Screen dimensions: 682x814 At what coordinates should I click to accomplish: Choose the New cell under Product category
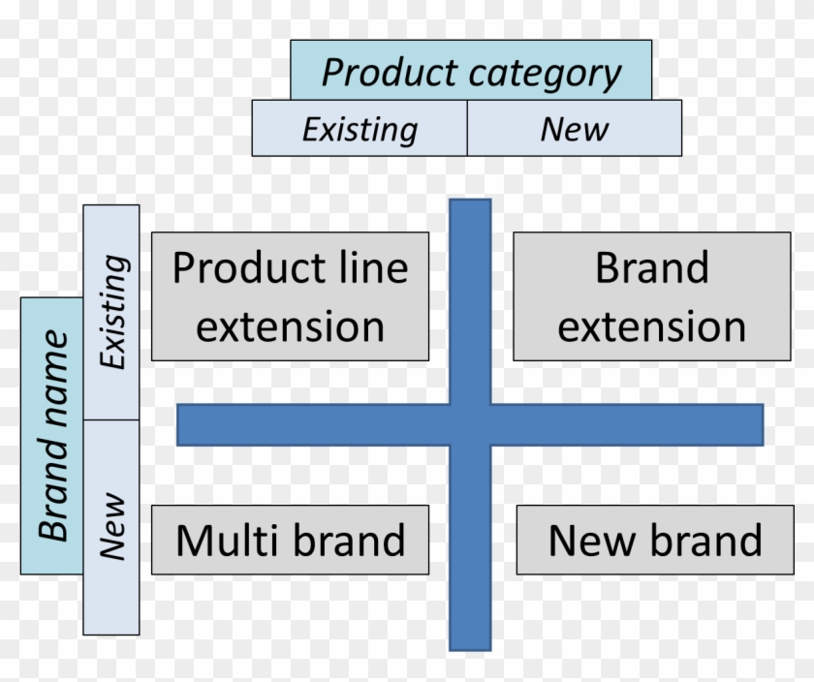[x=574, y=129]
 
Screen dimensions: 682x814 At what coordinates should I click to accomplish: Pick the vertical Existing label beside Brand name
[x=113, y=311]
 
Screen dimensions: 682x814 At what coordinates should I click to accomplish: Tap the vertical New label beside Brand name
[x=113, y=528]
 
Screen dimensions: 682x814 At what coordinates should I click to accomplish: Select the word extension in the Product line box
[x=290, y=326]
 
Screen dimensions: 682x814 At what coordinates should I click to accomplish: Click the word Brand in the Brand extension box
[x=651, y=267]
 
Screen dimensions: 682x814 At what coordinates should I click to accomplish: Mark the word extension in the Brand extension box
[x=651, y=326]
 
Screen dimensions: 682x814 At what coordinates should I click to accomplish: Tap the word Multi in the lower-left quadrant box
[x=230, y=540]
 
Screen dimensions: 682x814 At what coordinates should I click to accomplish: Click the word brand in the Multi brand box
[x=348, y=540]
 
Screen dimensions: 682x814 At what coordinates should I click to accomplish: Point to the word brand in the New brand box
[x=703, y=540]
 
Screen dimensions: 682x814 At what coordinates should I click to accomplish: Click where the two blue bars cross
[x=470, y=424]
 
